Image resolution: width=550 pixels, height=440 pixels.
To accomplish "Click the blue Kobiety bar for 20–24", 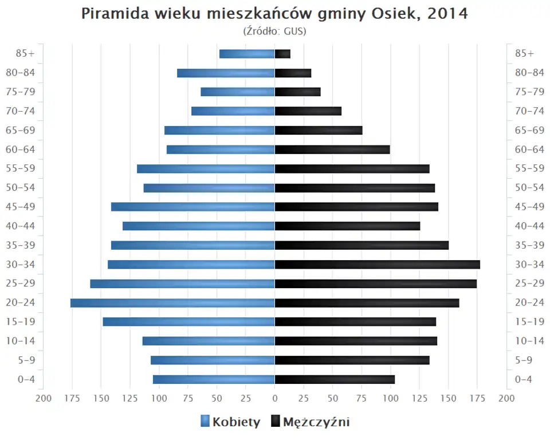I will point(172,302).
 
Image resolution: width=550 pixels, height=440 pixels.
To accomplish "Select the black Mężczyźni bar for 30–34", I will point(377,264).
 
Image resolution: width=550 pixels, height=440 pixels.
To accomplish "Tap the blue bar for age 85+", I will point(247,54).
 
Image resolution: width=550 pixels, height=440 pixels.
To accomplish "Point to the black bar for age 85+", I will point(282,54).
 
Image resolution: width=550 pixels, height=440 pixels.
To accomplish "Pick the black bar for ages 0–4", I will point(335,379).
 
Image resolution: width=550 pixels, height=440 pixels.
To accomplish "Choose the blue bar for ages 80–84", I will point(226,73).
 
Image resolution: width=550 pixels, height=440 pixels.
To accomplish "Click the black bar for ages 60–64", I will point(332,150).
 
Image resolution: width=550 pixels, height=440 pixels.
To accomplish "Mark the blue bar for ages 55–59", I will point(206,168).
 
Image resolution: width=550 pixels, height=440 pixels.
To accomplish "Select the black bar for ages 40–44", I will point(347,226).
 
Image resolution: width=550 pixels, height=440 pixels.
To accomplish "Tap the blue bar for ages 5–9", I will point(213,360).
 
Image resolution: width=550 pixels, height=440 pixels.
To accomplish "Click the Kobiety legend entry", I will point(230,422).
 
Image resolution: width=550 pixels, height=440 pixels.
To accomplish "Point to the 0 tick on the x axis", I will point(275,398).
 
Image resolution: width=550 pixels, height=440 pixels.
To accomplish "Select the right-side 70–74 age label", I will point(529,111).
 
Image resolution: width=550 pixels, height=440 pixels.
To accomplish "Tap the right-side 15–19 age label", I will point(529,321).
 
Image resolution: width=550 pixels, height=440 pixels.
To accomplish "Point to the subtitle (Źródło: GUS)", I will point(275,31).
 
